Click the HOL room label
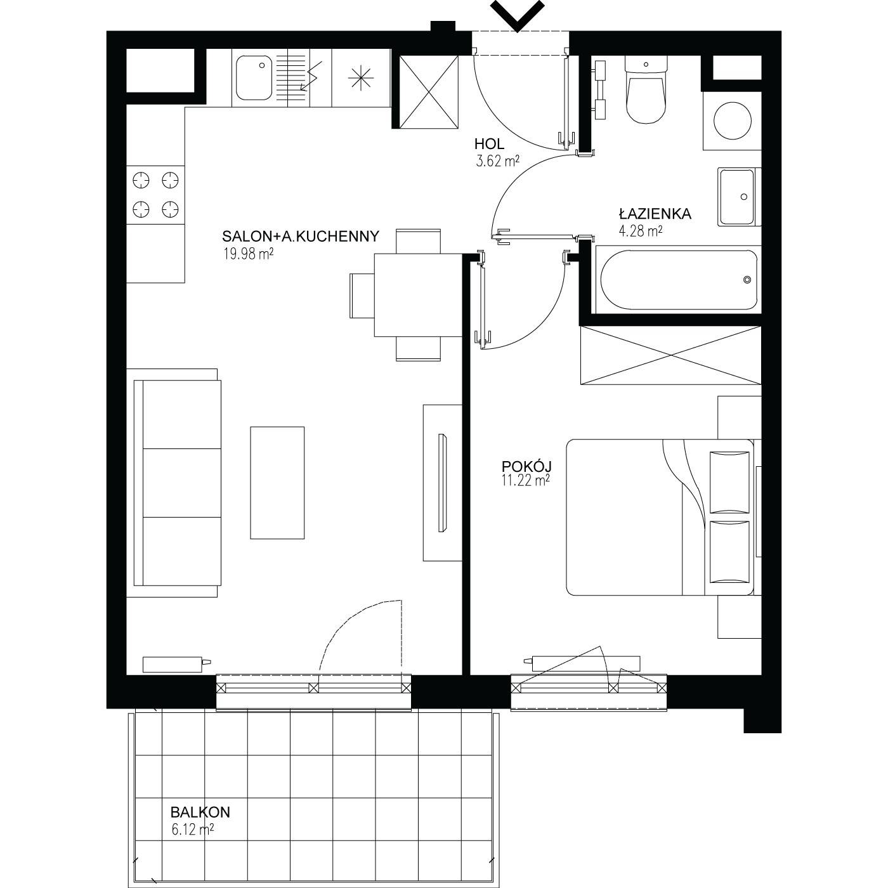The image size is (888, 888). tap(489, 144)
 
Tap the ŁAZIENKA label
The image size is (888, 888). tap(655, 214)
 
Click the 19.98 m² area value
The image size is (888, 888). tap(249, 254)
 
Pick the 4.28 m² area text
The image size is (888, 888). tap(641, 231)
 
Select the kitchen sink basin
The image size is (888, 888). tap(254, 78)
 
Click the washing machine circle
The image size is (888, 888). tap(732, 121)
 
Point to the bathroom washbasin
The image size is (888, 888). tap(737, 197)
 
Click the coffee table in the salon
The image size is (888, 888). tap(277, 483)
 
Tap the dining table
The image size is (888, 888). tap(418, 295)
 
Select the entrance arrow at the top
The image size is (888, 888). tap(518, 16)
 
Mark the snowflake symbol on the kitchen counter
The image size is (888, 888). tap(361, 78)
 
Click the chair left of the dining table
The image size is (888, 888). tap(362, 296)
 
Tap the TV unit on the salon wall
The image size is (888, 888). tap(442, 483)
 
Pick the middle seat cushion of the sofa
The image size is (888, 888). tap(181, 483)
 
